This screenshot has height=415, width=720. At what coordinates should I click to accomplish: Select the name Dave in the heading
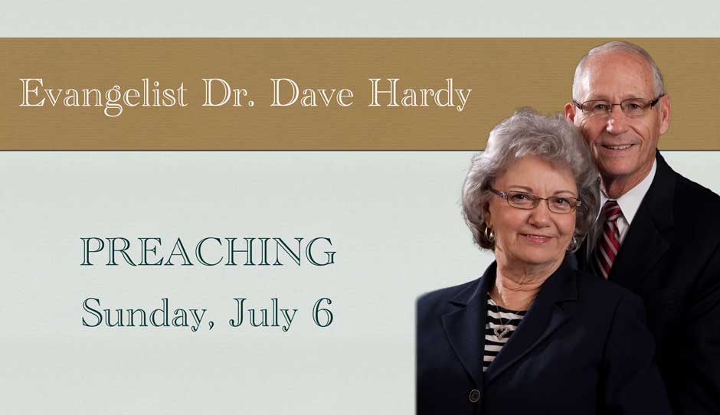click(313, 93)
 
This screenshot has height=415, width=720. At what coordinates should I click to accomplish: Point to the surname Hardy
click(420, 96)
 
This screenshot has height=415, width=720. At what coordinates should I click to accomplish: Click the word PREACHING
click(208, 252)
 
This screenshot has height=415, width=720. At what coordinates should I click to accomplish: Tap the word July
click(263, 313)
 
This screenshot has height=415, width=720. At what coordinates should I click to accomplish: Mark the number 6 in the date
click(322, 312)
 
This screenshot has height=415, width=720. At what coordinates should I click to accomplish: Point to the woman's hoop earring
click(489, 234)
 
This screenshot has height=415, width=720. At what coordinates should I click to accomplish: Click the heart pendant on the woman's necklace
click(502, 331)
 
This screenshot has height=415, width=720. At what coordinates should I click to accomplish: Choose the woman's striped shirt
click(498, 332)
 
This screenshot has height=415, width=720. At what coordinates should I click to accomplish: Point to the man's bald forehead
click(615, 74)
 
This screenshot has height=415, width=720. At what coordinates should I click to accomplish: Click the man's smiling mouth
click(617, 147)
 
